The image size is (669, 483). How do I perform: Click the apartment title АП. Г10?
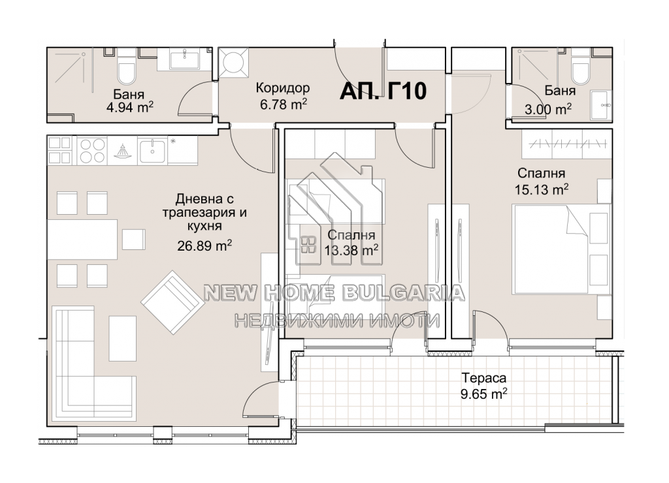pyautogui.click(x=383, y=91)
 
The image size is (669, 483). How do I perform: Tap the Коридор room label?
pyautogui.click(x=283, y=88)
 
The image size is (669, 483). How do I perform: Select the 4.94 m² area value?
pyautogui.click(x=130, y=107)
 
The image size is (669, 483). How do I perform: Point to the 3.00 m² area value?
pyautogui.click(x=548, y=109)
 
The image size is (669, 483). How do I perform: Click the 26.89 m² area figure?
pyautogui.click(x=204, y=245)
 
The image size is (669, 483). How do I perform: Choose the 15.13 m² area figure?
pyautogui.click(x=541, y=189)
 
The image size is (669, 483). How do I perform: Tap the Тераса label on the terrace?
pyautogui.click(x=484, y=378)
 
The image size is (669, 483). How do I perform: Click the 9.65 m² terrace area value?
pyautogui.click(x=484, y=394)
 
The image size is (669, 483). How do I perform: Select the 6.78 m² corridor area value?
pyautogui.click(x=284, y=104)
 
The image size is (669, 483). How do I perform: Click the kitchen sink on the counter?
pyautogui.click(x=152, y=151)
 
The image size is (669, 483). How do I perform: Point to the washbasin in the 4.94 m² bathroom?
pyautogui.click(x=184, y=59)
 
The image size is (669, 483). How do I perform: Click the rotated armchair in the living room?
pyautogui.click(x=172, y=302)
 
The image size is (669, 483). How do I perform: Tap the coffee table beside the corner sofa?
pyautogui.click(x=122, y=339)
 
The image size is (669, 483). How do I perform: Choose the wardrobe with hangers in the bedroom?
pyautogui.click(x=566, y=144)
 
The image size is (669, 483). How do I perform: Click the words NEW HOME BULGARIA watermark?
pyautogui.click(x=334, y=293)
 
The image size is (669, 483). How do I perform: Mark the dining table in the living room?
pyautogui.click(x=82, y=239)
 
